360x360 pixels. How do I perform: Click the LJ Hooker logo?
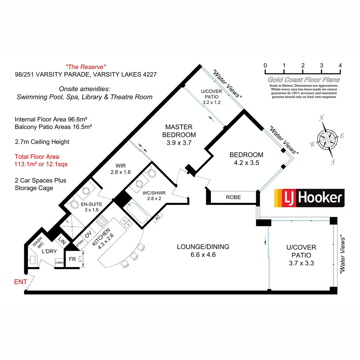click(x=309, y=198)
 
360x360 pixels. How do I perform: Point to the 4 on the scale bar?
click(x=340, y=66)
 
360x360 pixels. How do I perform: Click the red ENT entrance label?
click(x=21, y=282)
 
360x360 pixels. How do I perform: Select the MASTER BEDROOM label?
click(x=179, y=131)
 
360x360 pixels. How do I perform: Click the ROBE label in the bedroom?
click(x=233, y=197)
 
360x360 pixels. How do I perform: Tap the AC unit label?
click(x=158, y=217)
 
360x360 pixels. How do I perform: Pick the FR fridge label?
click(x=72, y=259)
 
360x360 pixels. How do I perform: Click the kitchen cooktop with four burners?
click(x=102, y=222)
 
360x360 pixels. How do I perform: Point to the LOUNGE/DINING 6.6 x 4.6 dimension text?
click(x=203, y=255)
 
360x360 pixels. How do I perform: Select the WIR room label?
click(x=121, y=166)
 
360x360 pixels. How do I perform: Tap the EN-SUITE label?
click(x=91, y=204)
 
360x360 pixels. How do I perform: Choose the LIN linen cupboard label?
click(x=62, y=240)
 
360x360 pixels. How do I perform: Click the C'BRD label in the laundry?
click(x=59, y=263)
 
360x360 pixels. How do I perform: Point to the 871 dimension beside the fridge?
click(x=80, y=259)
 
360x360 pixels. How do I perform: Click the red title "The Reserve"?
click(x=86, y=67)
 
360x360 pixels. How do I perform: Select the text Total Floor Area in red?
click(x=37, y=157)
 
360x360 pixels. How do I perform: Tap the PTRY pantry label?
click(x=80, y=243)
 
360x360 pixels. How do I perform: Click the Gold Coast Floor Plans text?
click(x=304, y=80)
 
